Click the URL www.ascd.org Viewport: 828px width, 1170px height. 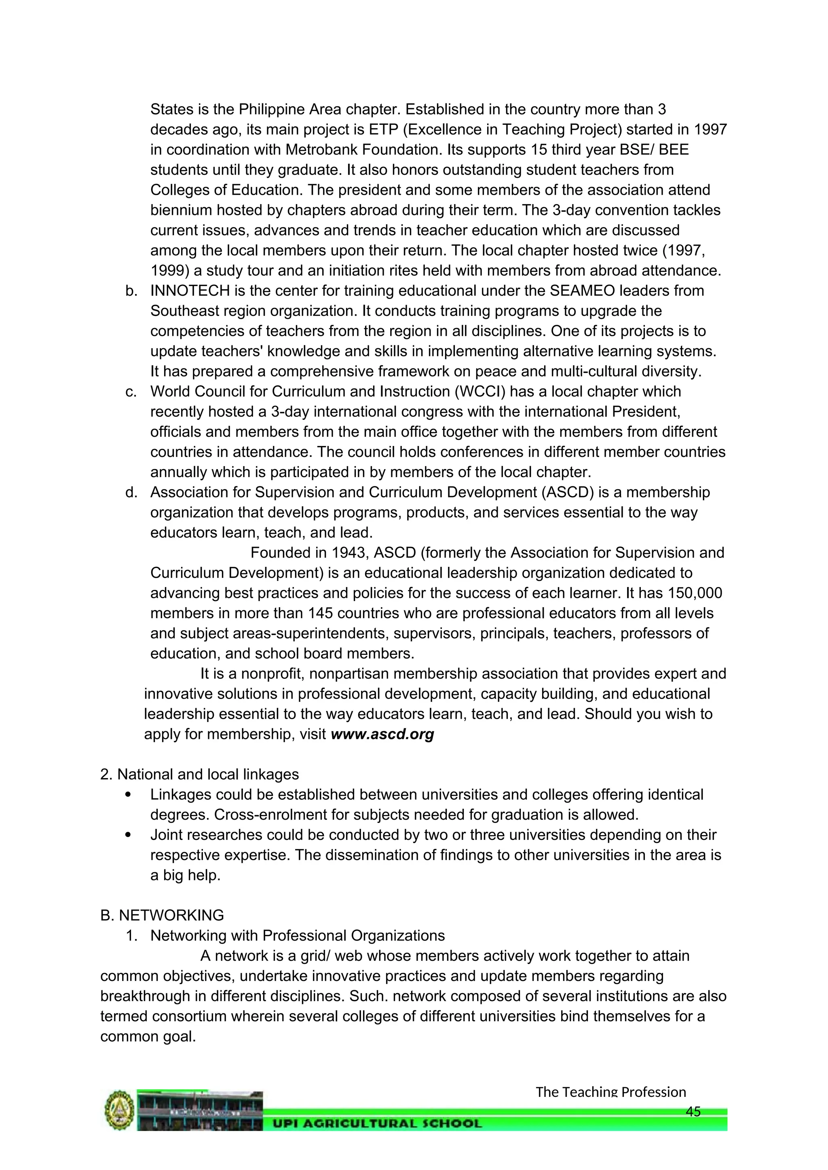click(382, 734)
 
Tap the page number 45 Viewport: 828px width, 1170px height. click(693, 1111)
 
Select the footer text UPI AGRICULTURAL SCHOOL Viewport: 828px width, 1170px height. click(377, 1123)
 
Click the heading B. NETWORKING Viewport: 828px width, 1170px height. click(162, 915)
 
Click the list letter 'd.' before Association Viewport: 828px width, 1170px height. click(131, 492)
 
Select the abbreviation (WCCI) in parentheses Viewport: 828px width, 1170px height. click(477, 391)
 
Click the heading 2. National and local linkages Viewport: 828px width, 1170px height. click(199, 774)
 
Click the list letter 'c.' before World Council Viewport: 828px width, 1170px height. click(131, 391)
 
